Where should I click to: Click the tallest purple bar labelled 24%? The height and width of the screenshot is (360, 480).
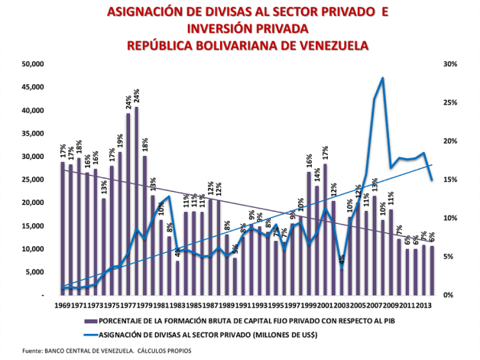pos(136,199)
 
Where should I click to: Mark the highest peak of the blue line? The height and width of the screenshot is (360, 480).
pos(382,79)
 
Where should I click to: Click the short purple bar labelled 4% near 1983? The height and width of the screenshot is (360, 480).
pos(177,277)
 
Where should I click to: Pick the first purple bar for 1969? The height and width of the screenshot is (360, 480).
pos(63,228)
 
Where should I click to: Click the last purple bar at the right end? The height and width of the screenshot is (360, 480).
pos(432,270)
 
